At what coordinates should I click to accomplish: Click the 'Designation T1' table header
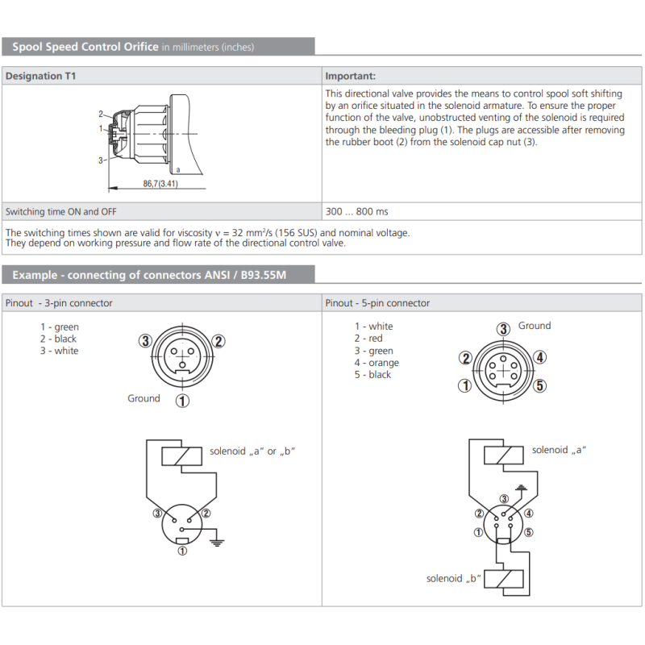click(41, 76)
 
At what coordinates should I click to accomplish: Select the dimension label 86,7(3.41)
click(160, 184)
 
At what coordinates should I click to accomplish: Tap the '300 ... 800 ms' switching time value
click(356, 211)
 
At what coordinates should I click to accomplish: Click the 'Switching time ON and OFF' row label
click(61, 212)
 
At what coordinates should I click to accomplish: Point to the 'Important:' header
click(351, 76)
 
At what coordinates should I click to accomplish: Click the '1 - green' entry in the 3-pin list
click(60, 327)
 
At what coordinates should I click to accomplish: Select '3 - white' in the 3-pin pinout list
click(59, 351)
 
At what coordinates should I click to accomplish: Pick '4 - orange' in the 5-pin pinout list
click(377, 363)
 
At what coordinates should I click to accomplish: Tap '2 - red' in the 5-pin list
click(368, 339)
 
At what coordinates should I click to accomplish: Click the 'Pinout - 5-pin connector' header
click(377, 303)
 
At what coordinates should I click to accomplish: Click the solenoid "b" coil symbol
click(504, 579)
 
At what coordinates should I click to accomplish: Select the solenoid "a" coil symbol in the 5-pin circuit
click(504, 456)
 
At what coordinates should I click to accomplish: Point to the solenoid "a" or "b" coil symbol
click(182, 456)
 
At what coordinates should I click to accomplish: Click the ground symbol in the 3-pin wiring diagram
click(217, 543)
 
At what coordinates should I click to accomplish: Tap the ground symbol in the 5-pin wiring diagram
click(521, 489)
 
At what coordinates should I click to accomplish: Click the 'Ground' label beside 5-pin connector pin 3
click(535, 326)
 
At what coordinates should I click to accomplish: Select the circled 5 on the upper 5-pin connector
click(540, 386)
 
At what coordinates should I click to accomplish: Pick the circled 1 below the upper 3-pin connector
click(183, 401)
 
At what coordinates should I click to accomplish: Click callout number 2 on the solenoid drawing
click(101, 114)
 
